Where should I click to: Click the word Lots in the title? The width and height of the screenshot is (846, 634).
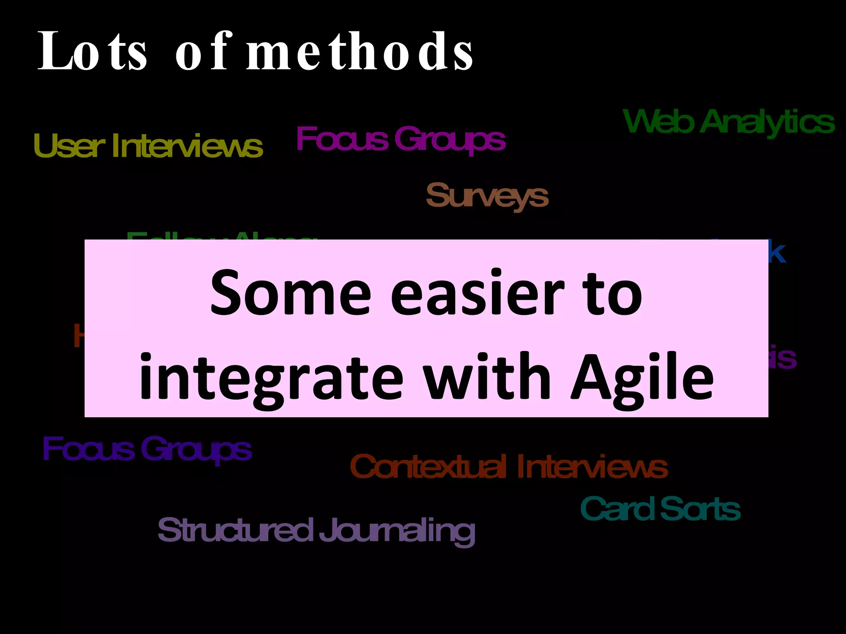pyautogui.click(x=92, y=52)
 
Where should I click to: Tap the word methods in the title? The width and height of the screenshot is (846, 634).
pyautogui.click(x=359, y=52)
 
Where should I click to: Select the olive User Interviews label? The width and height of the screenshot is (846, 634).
pyautogui.click(x=148, y=145)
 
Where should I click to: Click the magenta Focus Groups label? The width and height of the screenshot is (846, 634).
pyautogui.click(x=400, y=139)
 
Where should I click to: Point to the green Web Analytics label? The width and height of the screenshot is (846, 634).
pyautogui.click(x=729, y=122)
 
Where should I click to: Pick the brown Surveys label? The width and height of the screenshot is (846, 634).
pyautogui.click(x=487, y=196)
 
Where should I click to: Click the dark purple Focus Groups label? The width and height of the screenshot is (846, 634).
pyautogui.click(x=147, y=449)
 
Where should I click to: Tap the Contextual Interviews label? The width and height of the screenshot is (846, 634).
pyautogui.click(x=509, y=467)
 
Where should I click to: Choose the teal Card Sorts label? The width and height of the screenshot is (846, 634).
pyautogui.click(x=660, y=509)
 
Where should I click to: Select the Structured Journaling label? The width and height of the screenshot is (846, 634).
pyautogui.click(x=316, y=530)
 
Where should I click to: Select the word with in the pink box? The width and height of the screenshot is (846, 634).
pyautogui.click(x=487, y=376)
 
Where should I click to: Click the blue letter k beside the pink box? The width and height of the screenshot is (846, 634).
pyautogui.click(x=777, y=253)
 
